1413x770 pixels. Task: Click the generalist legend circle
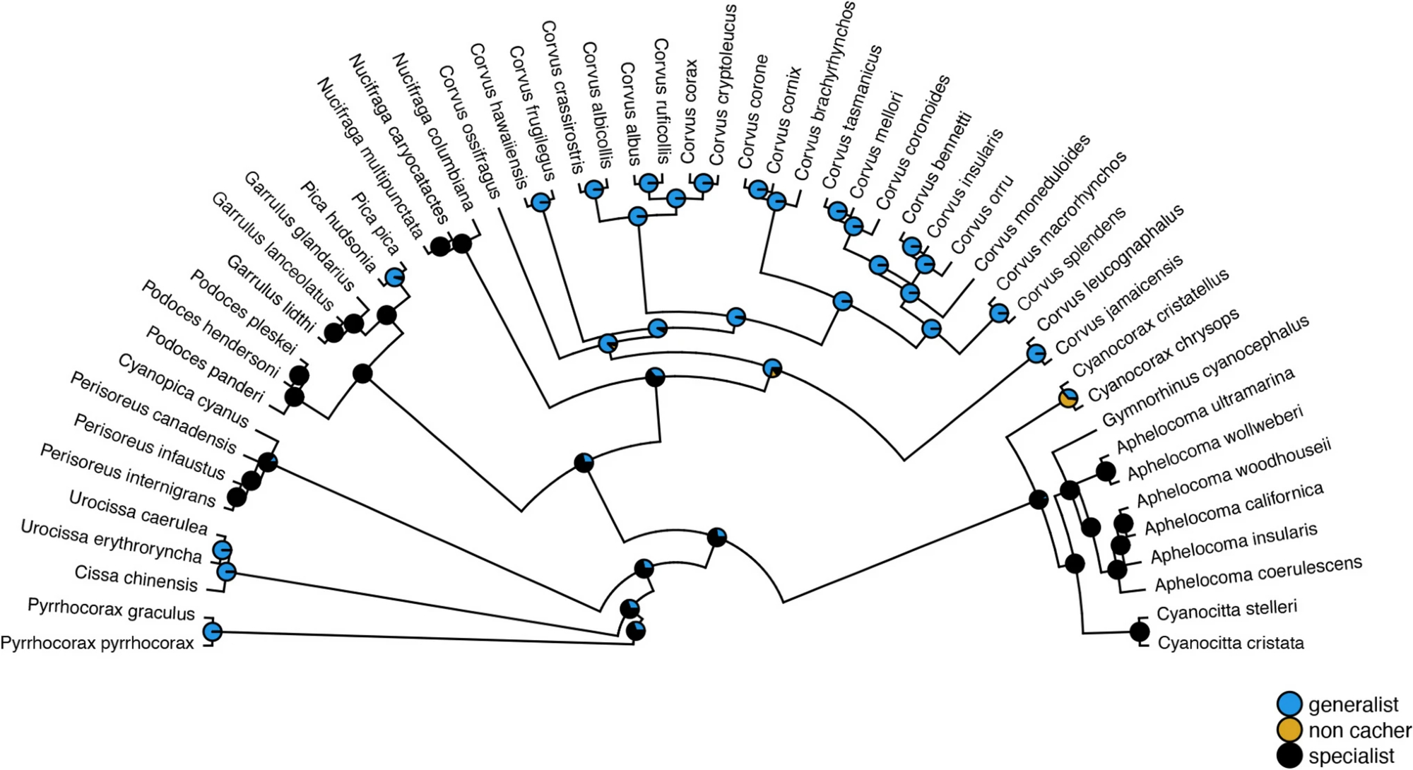point(1289,704)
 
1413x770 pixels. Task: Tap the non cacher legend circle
point(1289,730)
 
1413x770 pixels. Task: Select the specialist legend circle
point(1289,755)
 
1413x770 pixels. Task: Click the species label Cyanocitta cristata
point(1230,643)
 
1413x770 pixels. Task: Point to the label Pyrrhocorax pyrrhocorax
point(97,643)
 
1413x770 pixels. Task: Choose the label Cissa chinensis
point(136,579)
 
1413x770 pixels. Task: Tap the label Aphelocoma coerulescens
point(1258,574)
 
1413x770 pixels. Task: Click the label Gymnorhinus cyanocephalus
point(1205,370)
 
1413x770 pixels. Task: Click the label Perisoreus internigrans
point(127,475)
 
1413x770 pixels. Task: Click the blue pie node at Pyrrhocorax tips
point(212,632)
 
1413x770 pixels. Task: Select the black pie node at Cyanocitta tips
point(1139,631)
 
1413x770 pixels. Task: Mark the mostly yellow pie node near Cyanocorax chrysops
point(1068,399)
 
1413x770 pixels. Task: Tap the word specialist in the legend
point(1351,756)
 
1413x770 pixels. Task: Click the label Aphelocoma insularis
point(1234,543)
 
